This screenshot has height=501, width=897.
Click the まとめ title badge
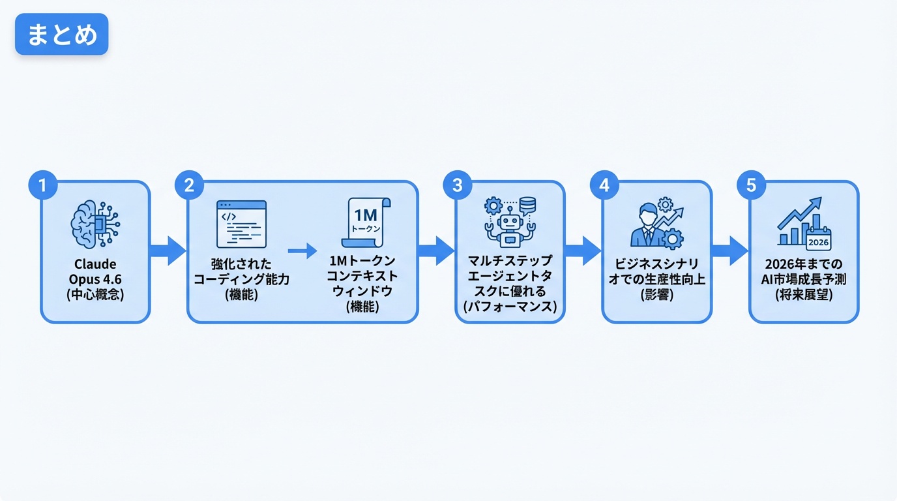coord(61,34)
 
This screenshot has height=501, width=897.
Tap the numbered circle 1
coord(42,185)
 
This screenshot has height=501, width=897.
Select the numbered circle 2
coord(189,185)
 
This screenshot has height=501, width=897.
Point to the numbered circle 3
coord(457,185)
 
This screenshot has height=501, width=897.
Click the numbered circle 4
coord(604,185)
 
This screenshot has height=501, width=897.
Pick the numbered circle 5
coord(751,185)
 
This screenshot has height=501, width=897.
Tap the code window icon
coord(241,224)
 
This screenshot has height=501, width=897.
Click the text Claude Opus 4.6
coord(95,272)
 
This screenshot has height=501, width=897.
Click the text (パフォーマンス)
coord(510,307)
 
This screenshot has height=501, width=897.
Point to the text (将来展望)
coord(804,295)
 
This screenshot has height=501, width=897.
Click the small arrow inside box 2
coord(302,251)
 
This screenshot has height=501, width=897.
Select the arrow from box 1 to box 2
coord(168,251)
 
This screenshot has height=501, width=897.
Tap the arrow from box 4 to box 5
coord(729,251)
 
